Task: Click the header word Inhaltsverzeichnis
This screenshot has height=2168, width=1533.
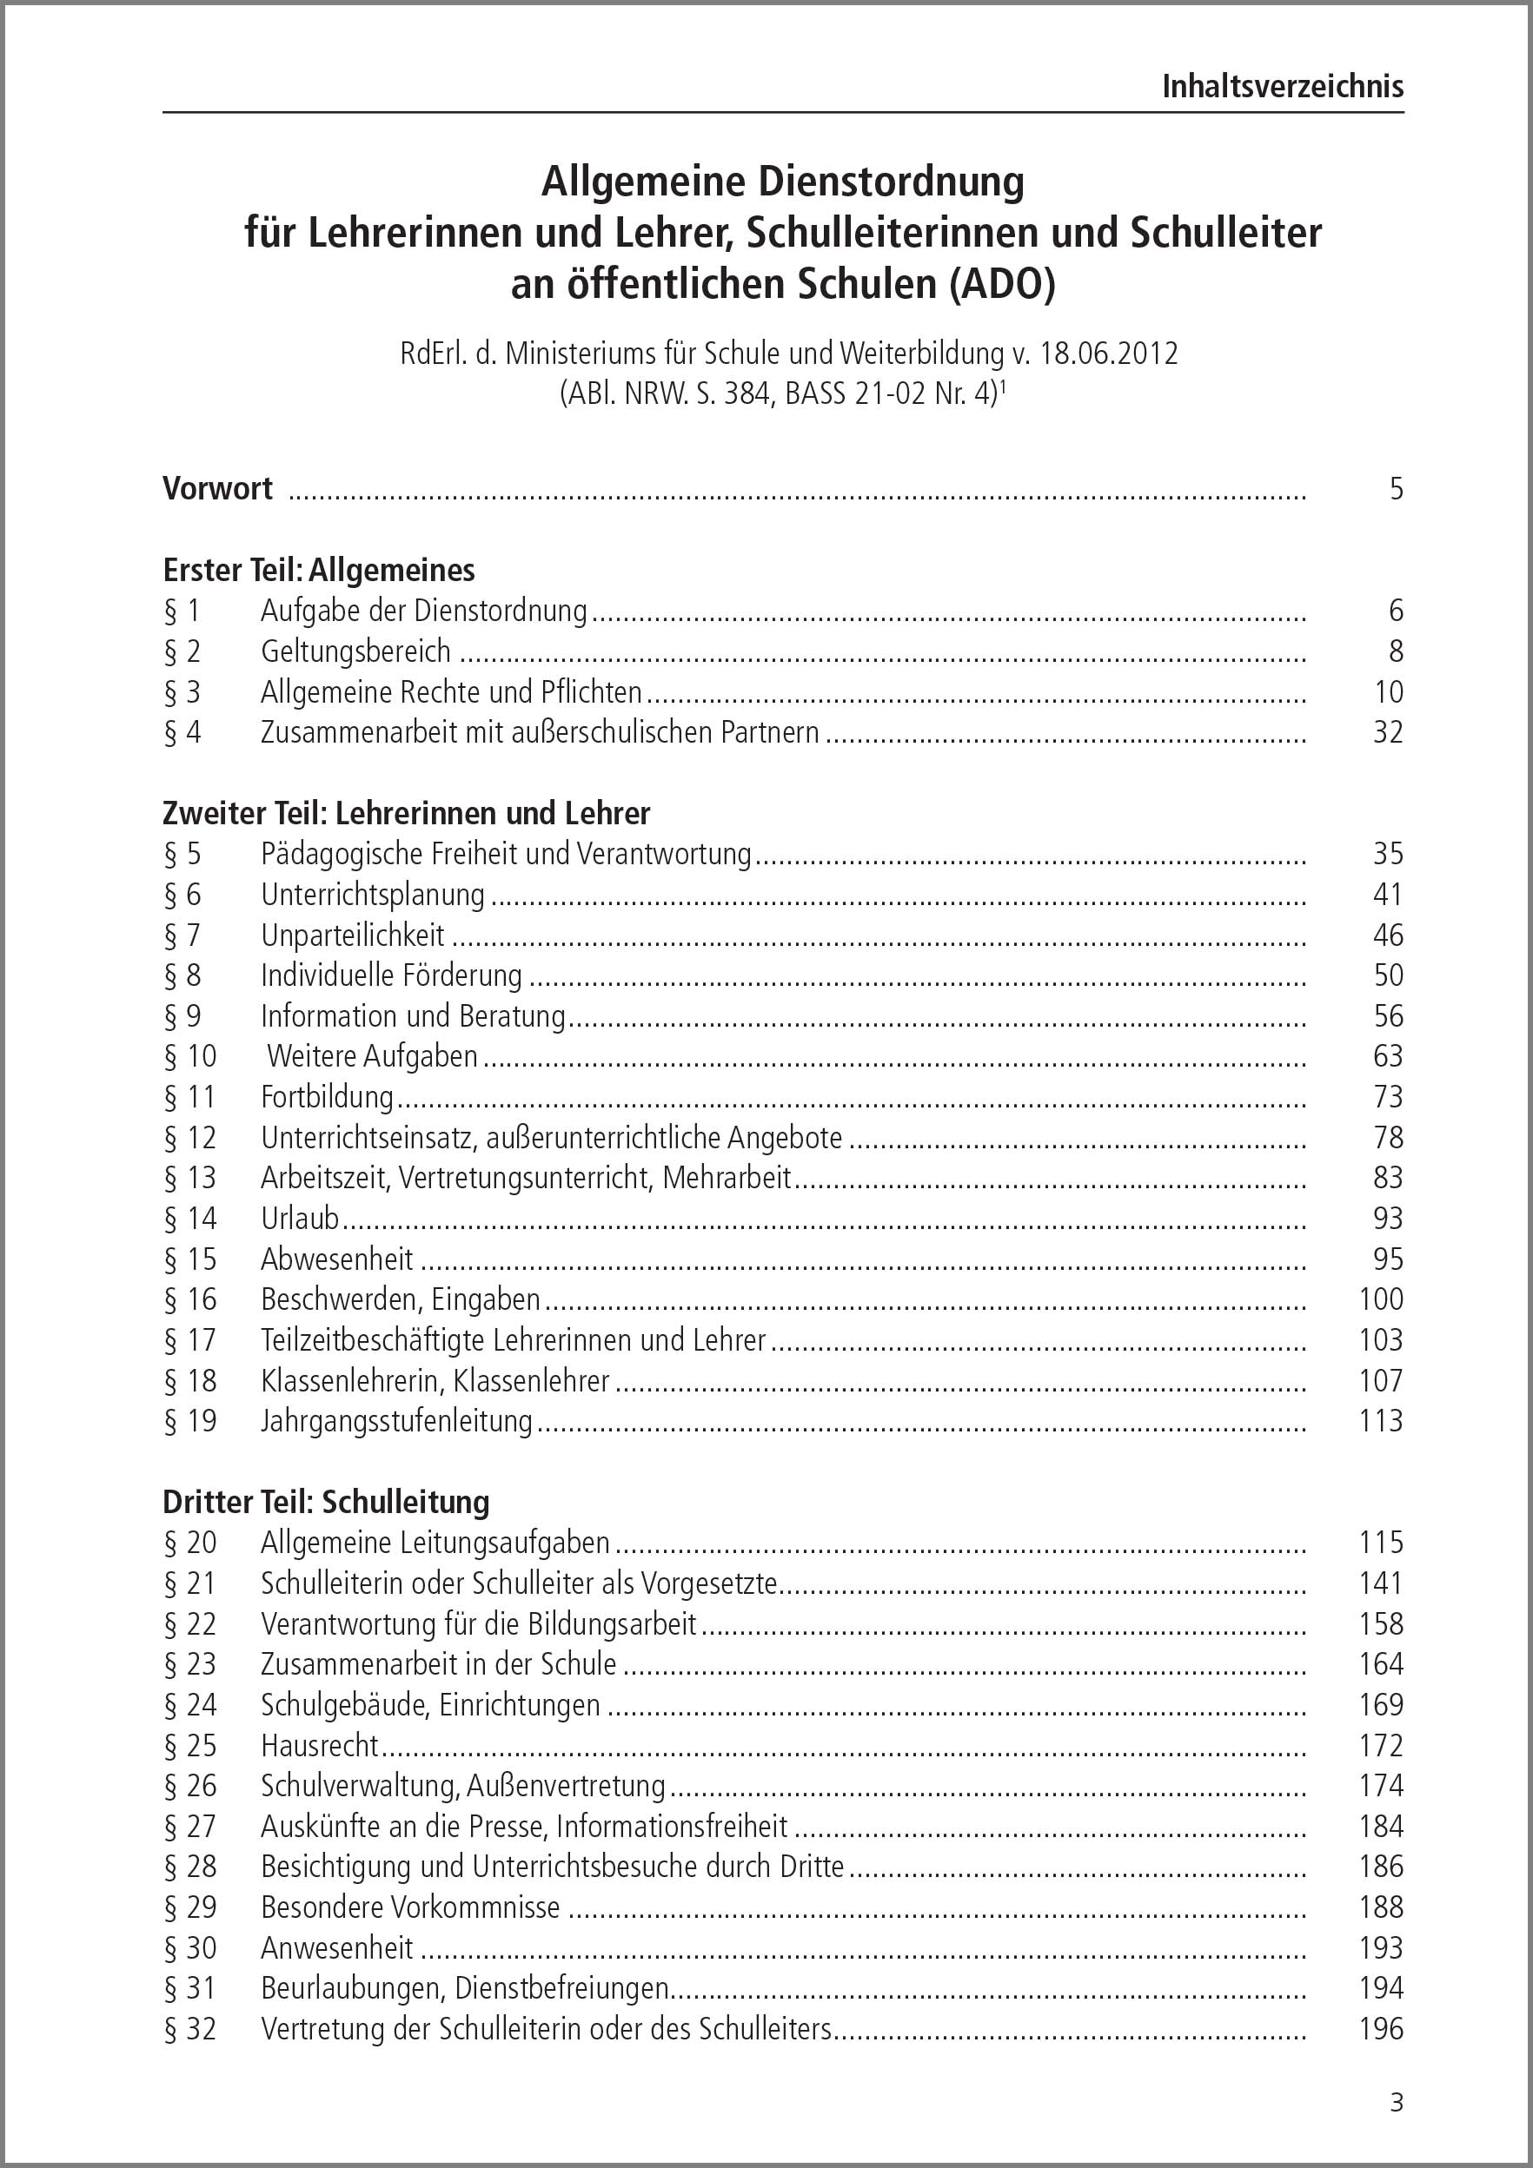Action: pos(1282,87)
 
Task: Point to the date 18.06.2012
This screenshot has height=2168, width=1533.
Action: pos(1109,354)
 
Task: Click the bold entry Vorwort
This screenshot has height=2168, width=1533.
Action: pos(217,488)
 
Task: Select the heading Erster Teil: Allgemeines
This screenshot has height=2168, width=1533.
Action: pos(318,571)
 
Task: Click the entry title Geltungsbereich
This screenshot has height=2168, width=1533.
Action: pos(356,651)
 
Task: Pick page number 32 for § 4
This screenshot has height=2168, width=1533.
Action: pos(1388,733)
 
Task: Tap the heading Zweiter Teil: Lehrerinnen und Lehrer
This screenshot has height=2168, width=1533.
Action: pos(406,813)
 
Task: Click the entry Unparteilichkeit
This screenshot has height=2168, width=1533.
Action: pos(352,935)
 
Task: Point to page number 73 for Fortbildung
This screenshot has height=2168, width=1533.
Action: pos(1388,1097)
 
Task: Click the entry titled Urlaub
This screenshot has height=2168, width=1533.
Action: pos(300,1219)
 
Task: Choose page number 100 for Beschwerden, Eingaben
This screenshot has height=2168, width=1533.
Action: pos(1381,1300)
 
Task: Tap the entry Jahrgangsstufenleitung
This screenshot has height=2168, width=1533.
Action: pos(396,1421)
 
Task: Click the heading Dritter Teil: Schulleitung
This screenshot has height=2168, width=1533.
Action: pos(326,1503)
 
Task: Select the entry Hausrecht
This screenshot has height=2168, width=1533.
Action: pos(319,1746)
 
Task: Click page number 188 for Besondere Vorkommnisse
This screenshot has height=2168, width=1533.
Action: pos(1381,1907)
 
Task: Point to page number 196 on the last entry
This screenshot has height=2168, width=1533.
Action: pos(1381,2029)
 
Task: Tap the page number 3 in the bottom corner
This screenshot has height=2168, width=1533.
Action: pos(1397,2103)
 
